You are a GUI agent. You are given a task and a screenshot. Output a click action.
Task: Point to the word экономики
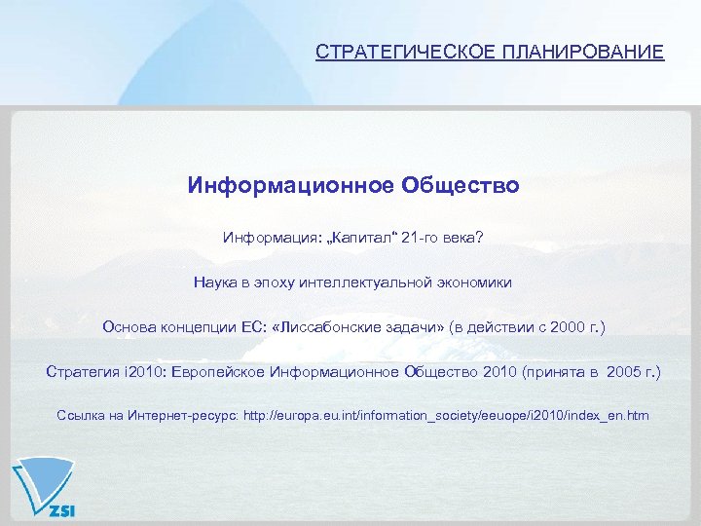475,282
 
